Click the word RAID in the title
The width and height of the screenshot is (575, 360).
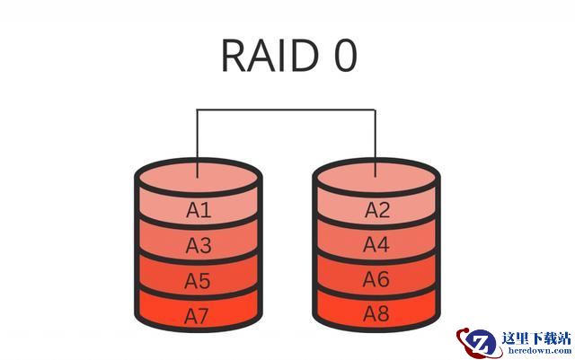pos(270,55)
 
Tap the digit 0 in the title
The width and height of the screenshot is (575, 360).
pos(346,56)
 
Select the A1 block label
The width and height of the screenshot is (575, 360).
pos(199,210)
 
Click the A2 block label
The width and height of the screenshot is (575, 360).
pos(377,210)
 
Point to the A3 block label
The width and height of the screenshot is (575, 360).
pos(199,245)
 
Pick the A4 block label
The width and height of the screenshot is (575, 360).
pos(376,244)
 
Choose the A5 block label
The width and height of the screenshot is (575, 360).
pos(198,281)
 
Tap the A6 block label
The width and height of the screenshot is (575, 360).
pos(376,279)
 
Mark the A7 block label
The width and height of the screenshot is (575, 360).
pos(197,316)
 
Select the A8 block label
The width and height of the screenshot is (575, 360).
pos(376,314)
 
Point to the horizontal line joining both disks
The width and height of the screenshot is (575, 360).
pos(286,110)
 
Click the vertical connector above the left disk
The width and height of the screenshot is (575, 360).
pos(198,144)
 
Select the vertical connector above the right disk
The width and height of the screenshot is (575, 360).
pos(376,144)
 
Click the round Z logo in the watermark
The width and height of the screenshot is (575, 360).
pos(479,343)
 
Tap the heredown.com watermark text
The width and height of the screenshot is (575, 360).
pos(539,350)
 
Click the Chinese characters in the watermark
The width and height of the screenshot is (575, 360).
pos(536,338)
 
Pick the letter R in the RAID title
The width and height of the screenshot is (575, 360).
pos(234,56)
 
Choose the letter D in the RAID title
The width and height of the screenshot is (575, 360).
pos(303,56)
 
